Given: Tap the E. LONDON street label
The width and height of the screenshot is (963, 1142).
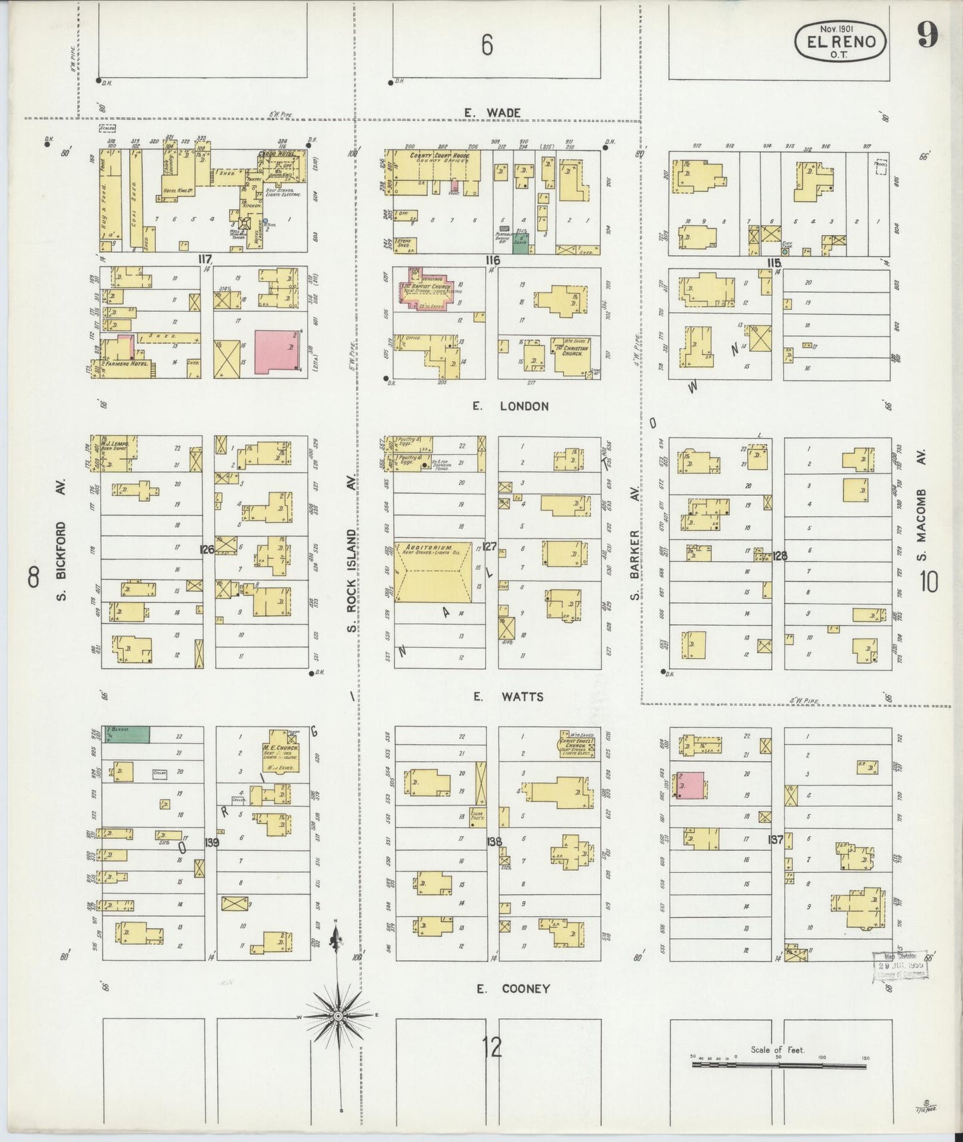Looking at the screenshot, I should click(x=510, y=406).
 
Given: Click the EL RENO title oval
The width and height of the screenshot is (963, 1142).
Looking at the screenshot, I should click(x=840, y=42).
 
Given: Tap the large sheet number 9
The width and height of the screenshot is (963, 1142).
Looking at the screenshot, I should click(x=927, y=35).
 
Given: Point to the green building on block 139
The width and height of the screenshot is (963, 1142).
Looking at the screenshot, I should click(x=126, y=734).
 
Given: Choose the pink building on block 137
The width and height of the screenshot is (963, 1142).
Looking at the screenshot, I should click(x=690, y=785).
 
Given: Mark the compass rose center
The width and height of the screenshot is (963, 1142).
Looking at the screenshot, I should click(x=338, y=1015).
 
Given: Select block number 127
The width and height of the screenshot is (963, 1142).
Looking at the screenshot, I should click(x=490, y=547).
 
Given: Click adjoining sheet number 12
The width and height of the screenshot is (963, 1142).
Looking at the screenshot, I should click(x=494, y=1047).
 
